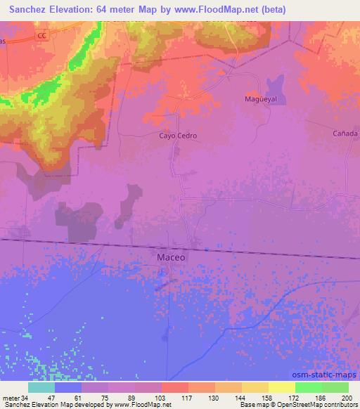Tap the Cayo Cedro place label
coord(178,136)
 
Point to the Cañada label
coord(345,133)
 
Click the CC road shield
coord(43,34)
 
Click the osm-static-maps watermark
coord(329,372)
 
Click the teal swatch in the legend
coord(41,387)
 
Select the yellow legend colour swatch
coord(281,387)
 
